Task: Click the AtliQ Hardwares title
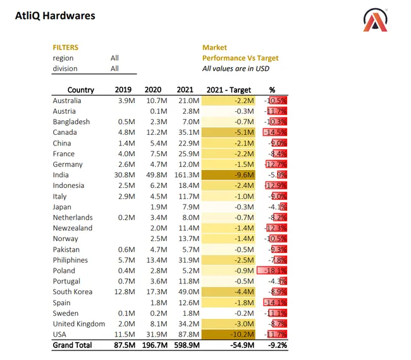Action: pyautogui.click(x=55, y=15)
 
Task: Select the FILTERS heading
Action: pyautogui.click(x=65, y=47)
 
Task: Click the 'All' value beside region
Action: pyautogui.click(x=114, y=58)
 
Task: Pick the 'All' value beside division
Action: pyautogui.click(x=114, y=68)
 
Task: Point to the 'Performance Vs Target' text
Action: pyautogui.click(x=240, y=58)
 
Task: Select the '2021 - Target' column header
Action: pyautogui.click(x=229, y=90)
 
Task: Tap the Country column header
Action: pyautogui.click(x=81, y=90)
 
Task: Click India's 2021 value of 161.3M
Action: pyautogui.click(x=187, y=175)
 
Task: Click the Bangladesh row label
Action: pyautogui.click(x=71, y=122)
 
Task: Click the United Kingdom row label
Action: pyautogui.click(x=78, y=324)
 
